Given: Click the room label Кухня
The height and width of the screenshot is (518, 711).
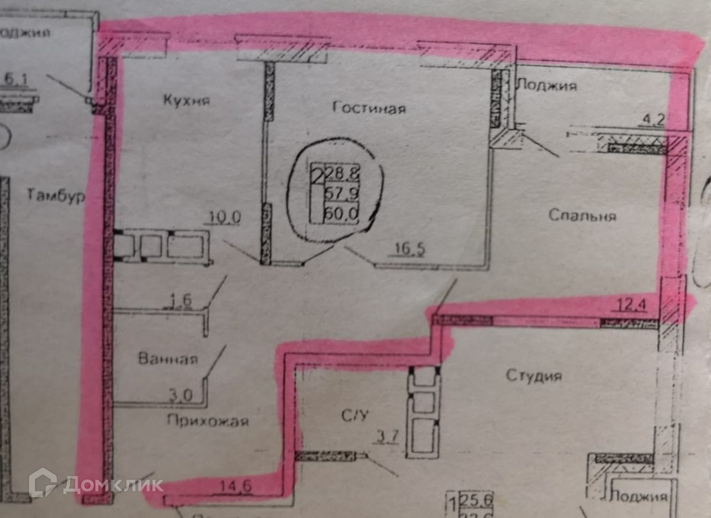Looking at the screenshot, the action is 187,101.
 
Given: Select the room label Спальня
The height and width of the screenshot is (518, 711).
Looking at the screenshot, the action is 582,215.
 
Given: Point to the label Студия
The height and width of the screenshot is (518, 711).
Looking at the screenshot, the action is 534,376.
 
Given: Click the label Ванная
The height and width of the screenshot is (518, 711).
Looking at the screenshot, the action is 168,359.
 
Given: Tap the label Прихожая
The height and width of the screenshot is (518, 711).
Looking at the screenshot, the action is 207,422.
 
